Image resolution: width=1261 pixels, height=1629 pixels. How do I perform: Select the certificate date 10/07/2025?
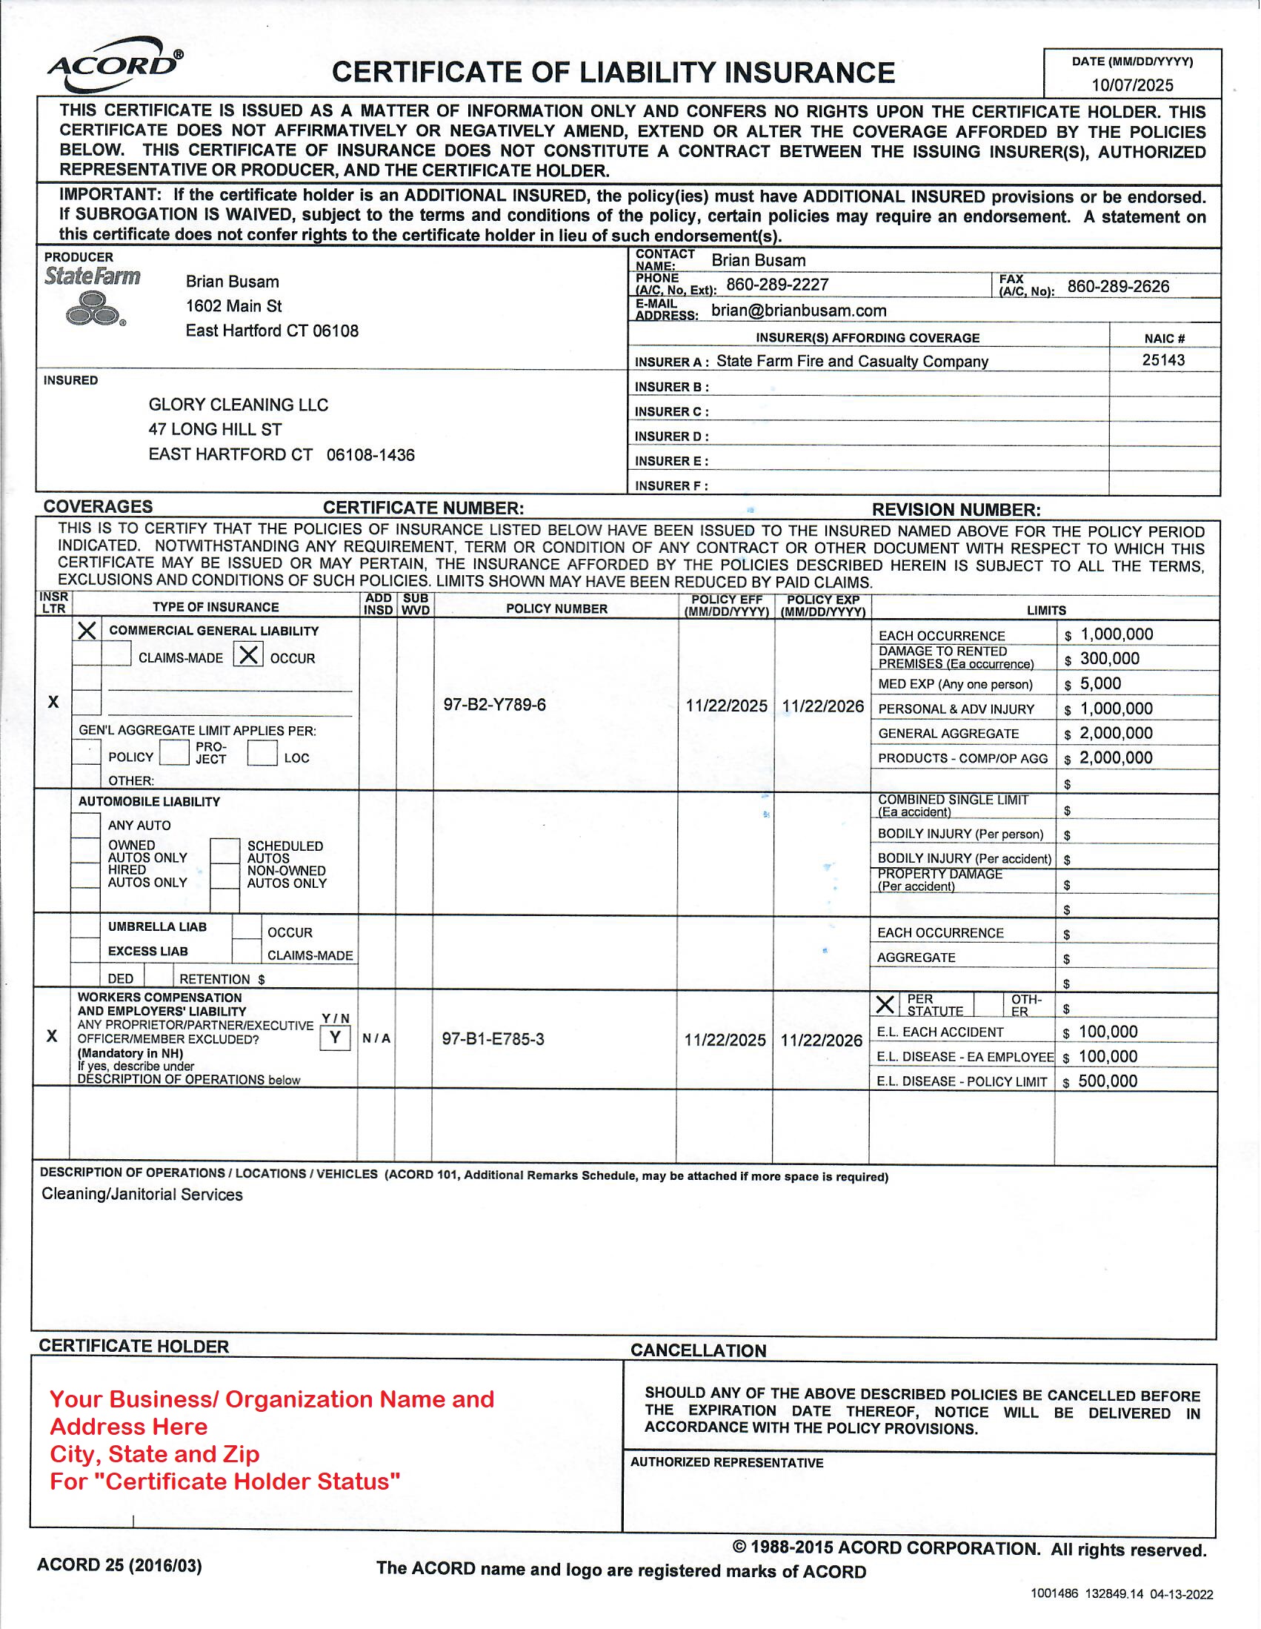click(1132, 85)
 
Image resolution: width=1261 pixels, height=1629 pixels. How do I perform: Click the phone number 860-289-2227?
click(777, 285)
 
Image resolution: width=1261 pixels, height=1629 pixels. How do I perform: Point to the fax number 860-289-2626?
click(1118, 286)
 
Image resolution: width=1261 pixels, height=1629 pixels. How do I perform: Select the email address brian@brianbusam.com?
click(799, 311)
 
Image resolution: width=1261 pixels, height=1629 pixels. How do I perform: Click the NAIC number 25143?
click(1163, 360)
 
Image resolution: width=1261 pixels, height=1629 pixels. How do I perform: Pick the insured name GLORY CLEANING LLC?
click(238, 405)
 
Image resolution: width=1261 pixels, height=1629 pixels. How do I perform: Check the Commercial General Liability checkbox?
click(87, 631)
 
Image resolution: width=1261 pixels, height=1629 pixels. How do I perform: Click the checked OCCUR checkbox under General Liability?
click(248, 656)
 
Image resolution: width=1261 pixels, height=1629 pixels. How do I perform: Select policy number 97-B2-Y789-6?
click(494, 705)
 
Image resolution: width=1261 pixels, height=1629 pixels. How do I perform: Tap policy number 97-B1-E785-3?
click(493, 1039)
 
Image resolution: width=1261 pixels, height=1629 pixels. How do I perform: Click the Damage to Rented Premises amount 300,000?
click(1110, 660)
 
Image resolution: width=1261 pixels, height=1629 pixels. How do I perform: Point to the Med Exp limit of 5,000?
click(1101, 684)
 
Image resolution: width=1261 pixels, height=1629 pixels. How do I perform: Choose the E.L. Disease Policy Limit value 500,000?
click(1108, 1081)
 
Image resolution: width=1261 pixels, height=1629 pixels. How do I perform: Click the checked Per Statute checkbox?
click(885, 1005)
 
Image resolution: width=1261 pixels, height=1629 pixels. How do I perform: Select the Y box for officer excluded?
click(336, 1038)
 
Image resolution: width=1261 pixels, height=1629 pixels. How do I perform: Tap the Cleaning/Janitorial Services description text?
click(142, 1195)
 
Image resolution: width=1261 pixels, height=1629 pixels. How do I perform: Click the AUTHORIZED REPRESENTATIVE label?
click(726, 1463)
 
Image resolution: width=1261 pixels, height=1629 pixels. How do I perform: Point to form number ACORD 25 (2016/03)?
click(119, 1565)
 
